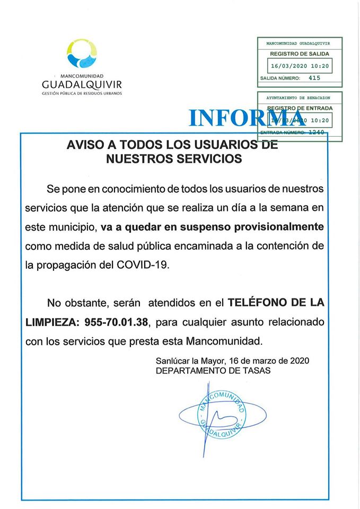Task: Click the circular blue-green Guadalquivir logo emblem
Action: click(82, 55)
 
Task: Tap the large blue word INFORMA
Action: click(244, 118)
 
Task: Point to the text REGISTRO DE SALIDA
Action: click(300, 54)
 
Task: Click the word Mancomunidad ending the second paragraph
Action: click(230, 339)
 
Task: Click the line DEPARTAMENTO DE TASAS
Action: click(213, 371)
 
